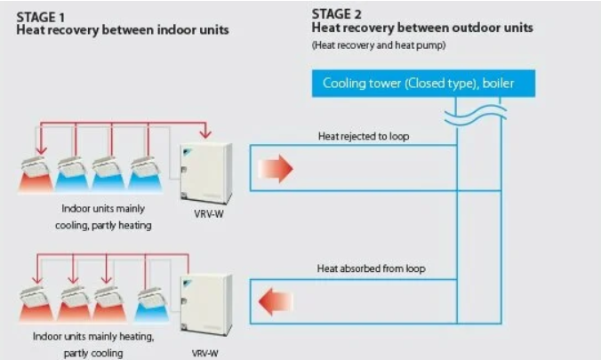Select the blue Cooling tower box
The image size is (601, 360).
coord(422,84)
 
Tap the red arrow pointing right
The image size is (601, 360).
coord(278,166)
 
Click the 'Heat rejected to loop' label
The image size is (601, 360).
coord(364,136)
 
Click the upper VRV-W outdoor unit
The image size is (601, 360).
coord(205,172)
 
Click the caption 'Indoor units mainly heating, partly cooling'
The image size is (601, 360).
coord(94,344)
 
